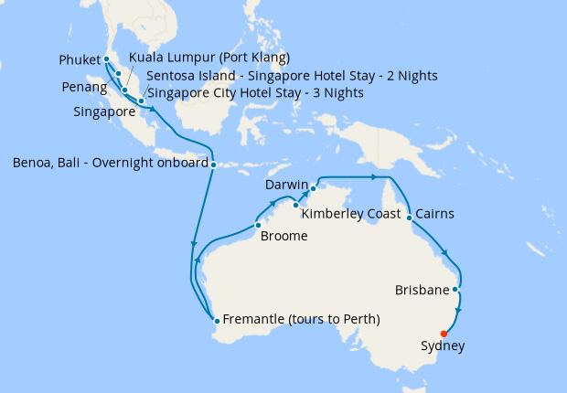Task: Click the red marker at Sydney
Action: tap(444, 334)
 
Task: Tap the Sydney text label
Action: tap(443, 347)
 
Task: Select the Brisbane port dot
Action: tap(455, 289)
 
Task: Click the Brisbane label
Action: tap(422, 291)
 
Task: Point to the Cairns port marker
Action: tap(409, 218)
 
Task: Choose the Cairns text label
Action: tap(434, 215)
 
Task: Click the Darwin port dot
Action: tap(313, 189)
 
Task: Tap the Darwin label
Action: tap(286, 186)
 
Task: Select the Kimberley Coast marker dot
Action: tap(295, 205)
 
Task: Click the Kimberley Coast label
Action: tap(349, 215)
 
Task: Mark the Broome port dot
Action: tap(258, 225)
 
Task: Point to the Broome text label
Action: tap(283, 237)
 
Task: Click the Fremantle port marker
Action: tap(216, 320)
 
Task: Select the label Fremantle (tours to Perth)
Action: tap(302, 319)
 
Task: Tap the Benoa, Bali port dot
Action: tap(213, 165)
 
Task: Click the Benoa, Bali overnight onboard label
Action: tap(109, 165)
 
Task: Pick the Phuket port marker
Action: tap(107, 60)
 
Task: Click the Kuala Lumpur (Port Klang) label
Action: tap(209, 58)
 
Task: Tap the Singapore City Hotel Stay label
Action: tap(255, 93)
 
